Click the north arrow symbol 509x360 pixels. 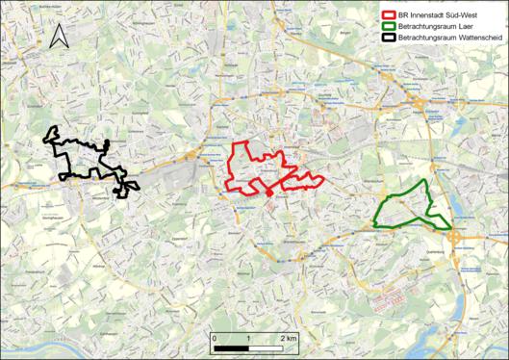point(58,38)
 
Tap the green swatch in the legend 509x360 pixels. point(389,27)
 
